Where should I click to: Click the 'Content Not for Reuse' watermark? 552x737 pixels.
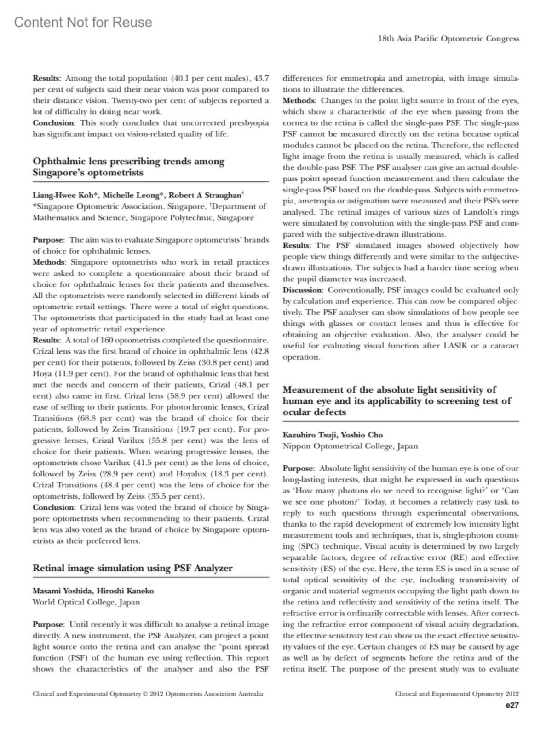tap(83, 22)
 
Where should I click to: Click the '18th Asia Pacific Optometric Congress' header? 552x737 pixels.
tap(448, 39)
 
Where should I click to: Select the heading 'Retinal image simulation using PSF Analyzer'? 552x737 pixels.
tap(132, 568)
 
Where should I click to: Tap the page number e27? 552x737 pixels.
tap(512, 705)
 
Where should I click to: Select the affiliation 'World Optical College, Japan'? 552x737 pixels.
tap(86, 602)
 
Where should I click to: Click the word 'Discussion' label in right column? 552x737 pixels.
tap(302, 290)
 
